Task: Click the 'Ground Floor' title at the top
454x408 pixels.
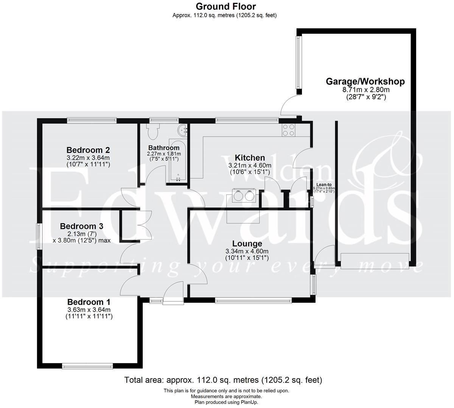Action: [225, 6]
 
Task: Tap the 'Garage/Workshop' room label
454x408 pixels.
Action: [365, 82]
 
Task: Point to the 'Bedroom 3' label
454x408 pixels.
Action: [82, 226]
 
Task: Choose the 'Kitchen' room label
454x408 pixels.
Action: [250, 158]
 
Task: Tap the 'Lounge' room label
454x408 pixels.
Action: [247, 244]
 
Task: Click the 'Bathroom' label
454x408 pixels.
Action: [164, 148]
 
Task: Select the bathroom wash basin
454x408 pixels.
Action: [183, 130]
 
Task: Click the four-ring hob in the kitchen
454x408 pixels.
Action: [288, 130]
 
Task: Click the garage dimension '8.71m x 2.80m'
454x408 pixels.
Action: [365, 90]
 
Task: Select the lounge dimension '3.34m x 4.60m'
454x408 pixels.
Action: [247, 252]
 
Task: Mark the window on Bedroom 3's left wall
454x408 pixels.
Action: [39, 236]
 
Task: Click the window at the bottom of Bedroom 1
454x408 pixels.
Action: [88, 366]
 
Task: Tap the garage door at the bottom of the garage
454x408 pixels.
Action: [375, 261]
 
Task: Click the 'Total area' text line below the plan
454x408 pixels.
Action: [223, 380]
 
